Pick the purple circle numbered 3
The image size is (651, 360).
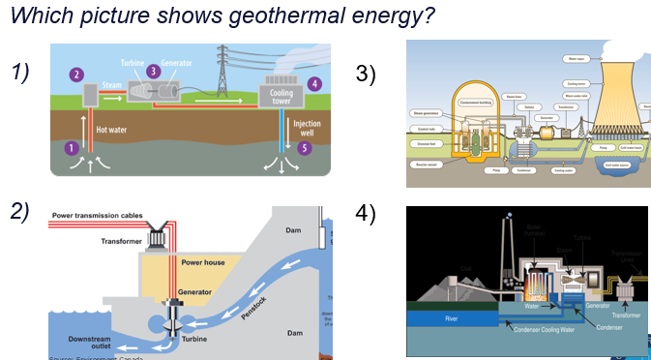[x=153, y=71]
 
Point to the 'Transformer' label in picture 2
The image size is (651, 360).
[x=128, y=241]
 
